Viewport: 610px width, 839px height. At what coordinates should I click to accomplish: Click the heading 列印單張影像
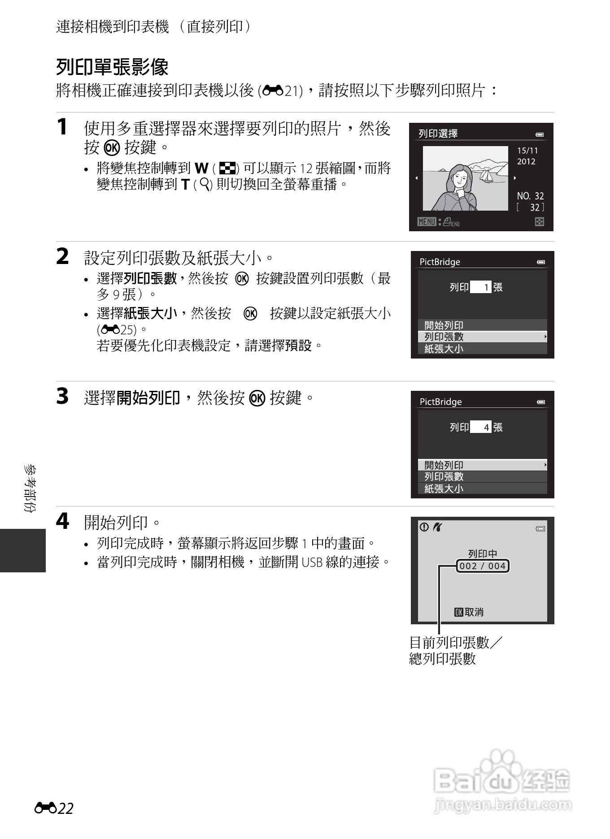tap(112, 67)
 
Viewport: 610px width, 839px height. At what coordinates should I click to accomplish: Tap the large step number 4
tap(62, 521)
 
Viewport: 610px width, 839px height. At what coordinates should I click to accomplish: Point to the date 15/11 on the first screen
tap(527, 151)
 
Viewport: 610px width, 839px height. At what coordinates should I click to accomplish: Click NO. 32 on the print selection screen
tap(530, 196)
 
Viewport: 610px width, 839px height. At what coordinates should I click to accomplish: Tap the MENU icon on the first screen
tap(427, 222)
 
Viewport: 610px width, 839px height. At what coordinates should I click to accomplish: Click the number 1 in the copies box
tap(486, 287)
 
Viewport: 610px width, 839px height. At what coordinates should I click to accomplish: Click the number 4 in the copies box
tap(486, 427)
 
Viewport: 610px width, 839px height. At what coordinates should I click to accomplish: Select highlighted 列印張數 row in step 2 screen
tap(482, 337)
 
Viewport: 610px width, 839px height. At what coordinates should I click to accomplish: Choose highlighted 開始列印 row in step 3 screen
tap(482, 465)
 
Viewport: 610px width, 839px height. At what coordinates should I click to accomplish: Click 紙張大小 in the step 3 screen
tap(444, 489)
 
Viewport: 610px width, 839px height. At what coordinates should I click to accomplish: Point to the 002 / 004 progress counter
tap(483, 566)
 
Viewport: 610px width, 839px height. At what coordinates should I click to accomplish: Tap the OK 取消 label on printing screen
tap(469, 612)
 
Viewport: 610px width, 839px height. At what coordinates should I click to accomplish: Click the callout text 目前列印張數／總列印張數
tap(455, 650)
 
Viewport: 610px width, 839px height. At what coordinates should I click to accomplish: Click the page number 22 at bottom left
tap(65, 808)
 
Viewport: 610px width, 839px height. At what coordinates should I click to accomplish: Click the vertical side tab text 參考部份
tap(30, 488)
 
